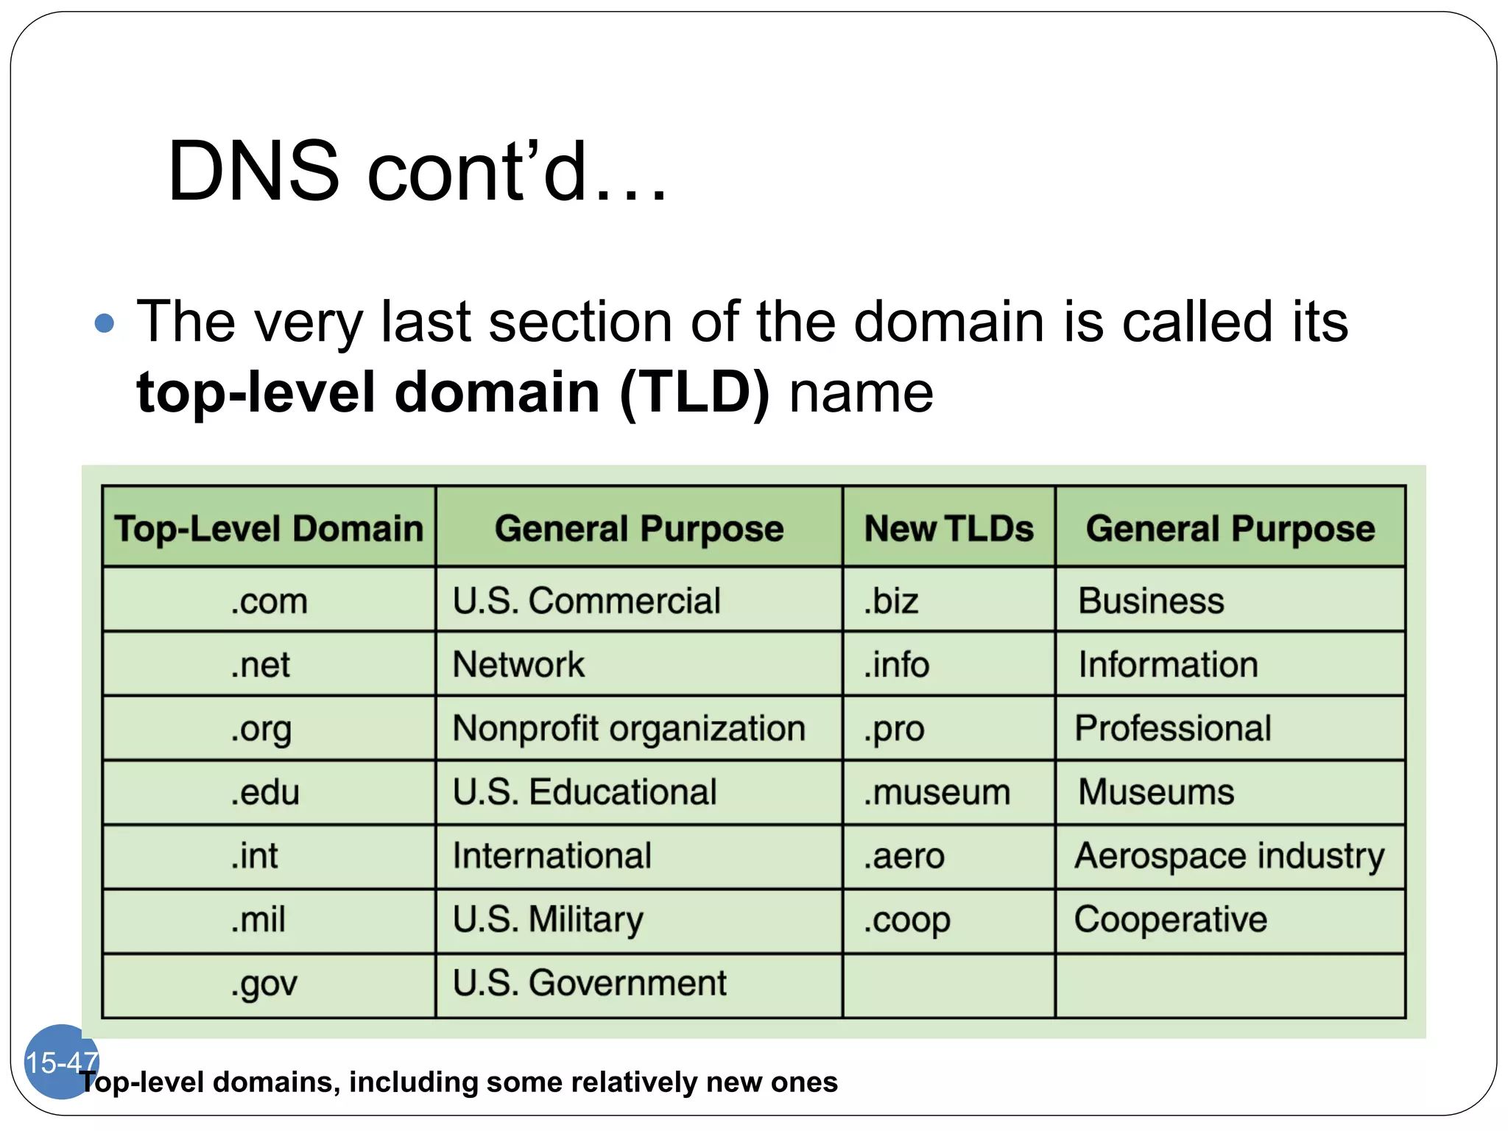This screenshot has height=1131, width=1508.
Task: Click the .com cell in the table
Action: tap(269, 600)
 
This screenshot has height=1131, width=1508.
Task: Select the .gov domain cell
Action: tap(264, 984)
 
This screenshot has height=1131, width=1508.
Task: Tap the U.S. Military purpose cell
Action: tap(548, 920)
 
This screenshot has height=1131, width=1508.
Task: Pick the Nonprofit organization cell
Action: tap(629, 728)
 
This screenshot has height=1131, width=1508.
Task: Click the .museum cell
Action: tap(937, 792)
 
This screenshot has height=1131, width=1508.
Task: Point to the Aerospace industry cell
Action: tap(1229, 856)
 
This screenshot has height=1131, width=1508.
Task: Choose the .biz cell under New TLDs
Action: tap(891, 600)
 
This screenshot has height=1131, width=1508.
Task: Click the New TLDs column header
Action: tap(948, 528)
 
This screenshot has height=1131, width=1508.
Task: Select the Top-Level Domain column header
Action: tap(269, 528)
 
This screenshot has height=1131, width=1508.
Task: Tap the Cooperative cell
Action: tap(1171, 920)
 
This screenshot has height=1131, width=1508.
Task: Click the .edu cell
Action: tap(265, 792)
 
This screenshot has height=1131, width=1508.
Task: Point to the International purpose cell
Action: tap(552, 856)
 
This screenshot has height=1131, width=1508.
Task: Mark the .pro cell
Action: tap(894, 728)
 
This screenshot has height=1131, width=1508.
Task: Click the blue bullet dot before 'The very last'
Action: tap(105, 323)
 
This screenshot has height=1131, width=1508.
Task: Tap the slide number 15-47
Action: tap(61, 1062)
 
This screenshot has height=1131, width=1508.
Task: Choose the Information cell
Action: tap(1168, 664)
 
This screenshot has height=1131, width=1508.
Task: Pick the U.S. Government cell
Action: tap(589, 984)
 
